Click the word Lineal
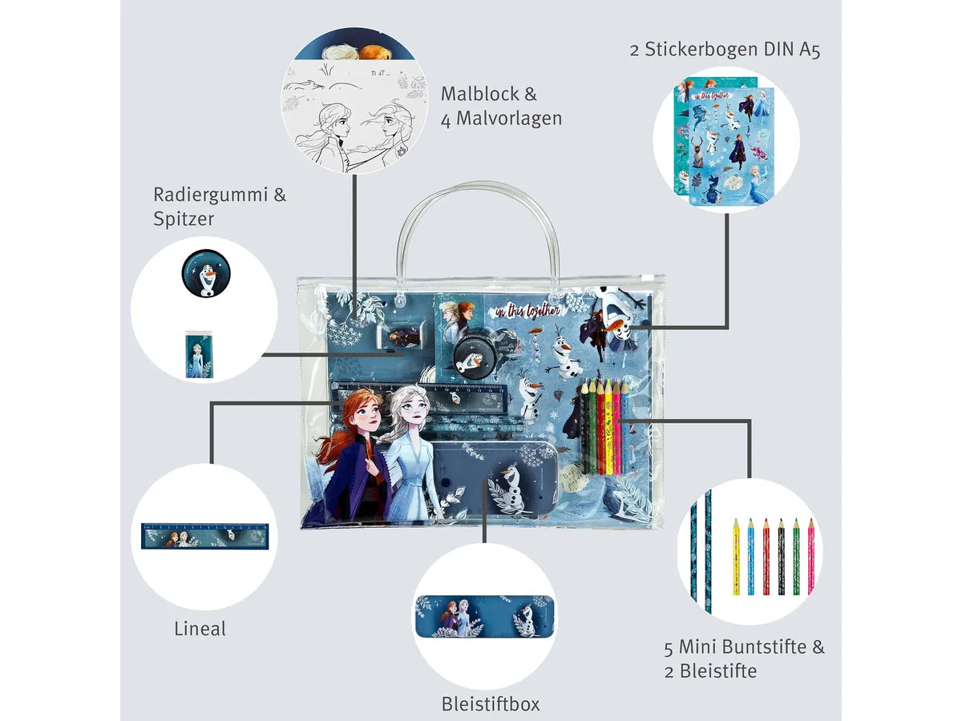200,629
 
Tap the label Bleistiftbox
491,704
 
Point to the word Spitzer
184,219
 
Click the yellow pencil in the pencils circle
736,557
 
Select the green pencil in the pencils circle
796,557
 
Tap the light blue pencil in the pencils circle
750,557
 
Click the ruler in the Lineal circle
204,536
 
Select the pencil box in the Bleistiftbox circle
484,615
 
